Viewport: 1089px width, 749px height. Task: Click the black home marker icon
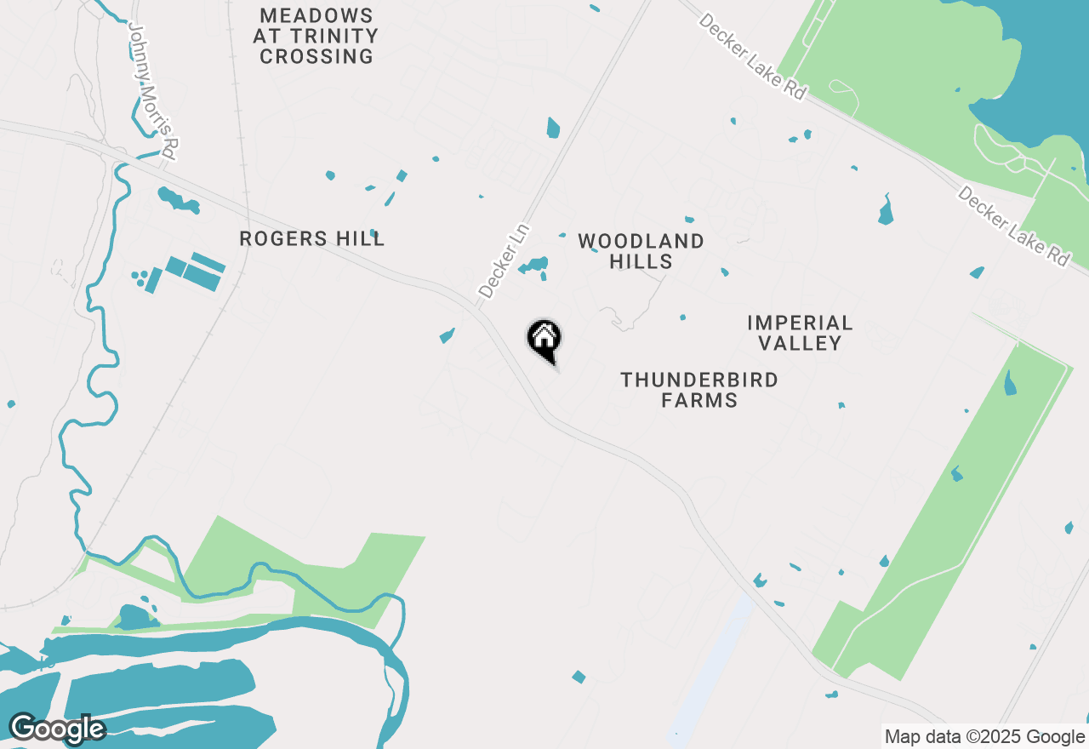pos(544,340)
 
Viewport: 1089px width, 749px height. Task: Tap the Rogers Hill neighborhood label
pos(311,239)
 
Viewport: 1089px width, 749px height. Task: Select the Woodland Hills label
pos(641,252)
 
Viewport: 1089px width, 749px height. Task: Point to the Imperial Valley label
pos(800,333)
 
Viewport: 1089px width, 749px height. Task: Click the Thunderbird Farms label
pos(699,390)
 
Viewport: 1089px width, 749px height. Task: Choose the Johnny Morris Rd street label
pos(152,91)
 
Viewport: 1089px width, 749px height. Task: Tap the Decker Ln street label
pos(505,261)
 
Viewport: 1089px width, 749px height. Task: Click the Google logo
pos(56,728)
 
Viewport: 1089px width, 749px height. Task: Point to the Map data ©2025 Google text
pos(984,737)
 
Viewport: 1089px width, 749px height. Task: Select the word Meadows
pos(316,16)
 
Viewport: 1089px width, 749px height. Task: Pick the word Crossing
pos(316,57)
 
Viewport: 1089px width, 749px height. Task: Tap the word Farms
pos(699,400)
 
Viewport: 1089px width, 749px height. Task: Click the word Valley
pos(800,344)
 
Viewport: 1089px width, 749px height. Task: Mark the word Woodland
pos(641,242)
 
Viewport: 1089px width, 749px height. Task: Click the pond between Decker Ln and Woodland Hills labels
pos(535,265)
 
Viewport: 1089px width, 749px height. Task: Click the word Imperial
pos(800,323)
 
